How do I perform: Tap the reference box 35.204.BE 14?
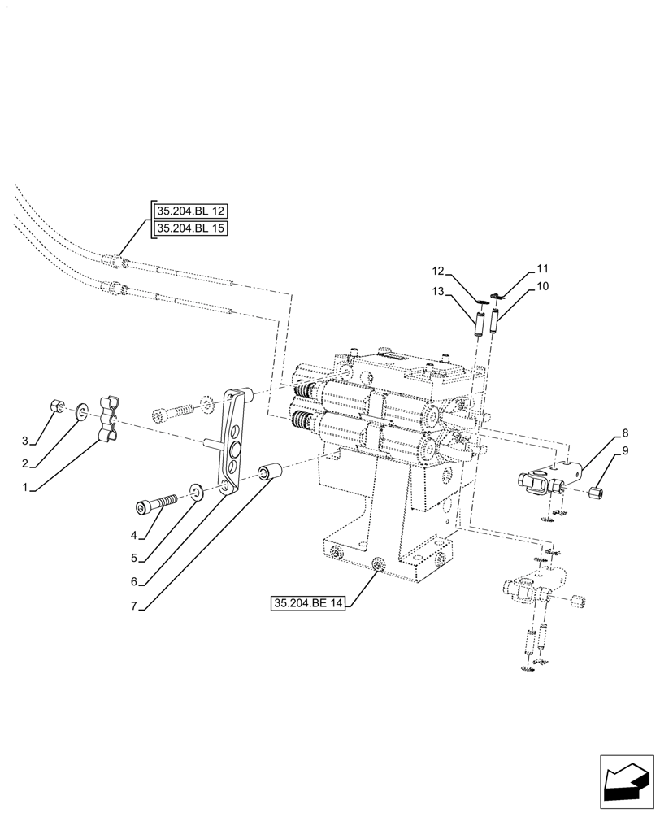click(x=310, y=603)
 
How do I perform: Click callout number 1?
click(x=25, y=488)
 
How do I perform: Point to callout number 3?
click(x=25, y=441)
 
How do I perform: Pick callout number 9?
click(x=625, y=450)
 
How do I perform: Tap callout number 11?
click(x=542, y=267)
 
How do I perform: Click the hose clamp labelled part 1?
click(x=110, y=419)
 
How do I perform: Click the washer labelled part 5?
click(x=197, y=490)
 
